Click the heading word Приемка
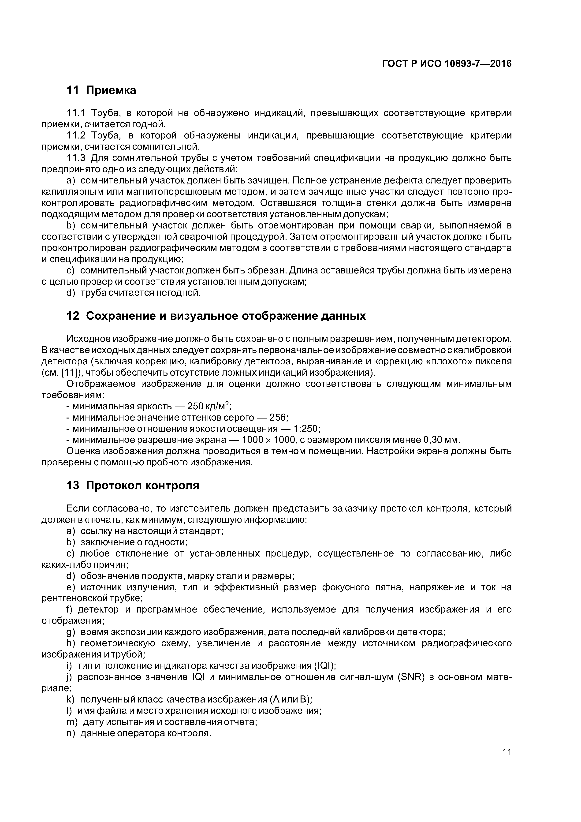pyautogui.click(x=111, y=90)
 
